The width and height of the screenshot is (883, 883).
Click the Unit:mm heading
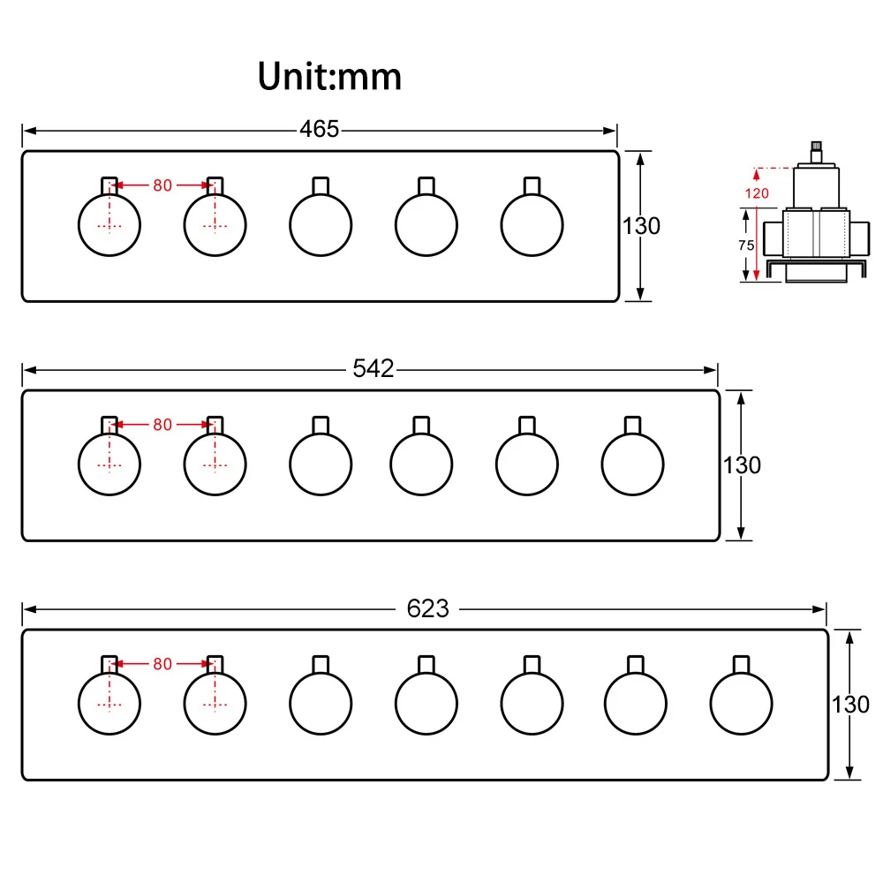tap(329, 76)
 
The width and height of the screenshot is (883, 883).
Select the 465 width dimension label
tap(320, 129)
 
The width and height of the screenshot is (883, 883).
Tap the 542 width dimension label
tap(373, 368)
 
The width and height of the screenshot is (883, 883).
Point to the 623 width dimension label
tap(428, 608)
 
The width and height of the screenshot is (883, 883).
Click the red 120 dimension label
tap(757, 193)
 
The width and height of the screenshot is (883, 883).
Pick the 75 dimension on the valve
tap(746, 245)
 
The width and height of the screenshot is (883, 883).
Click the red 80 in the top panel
tap(162, 185)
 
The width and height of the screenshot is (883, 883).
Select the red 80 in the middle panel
tap(162, 425)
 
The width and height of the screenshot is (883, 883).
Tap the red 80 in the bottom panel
tap(162, 664)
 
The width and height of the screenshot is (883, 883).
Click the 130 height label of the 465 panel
tap(641, 226)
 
